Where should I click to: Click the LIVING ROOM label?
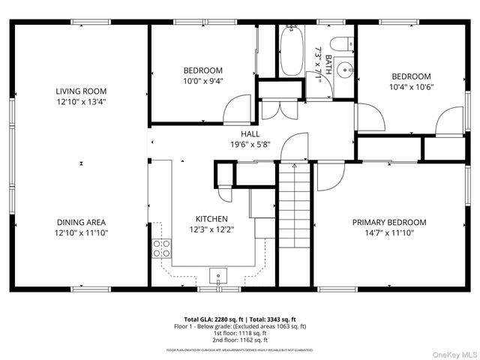point(80,91)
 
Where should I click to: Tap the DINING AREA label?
point(80,222)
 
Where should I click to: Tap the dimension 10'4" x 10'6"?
point(412,86)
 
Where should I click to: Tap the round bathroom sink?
point(343,73)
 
